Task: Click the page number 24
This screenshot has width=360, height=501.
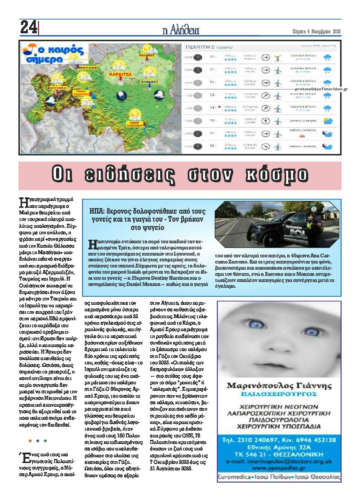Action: (28, 27)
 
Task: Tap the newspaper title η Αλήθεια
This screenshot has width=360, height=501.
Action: (181, 30)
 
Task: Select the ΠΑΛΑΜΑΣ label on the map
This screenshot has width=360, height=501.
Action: (147, 55)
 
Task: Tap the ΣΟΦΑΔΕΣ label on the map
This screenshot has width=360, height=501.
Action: (149, 82)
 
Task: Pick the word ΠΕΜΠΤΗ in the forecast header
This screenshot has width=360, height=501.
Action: (197, 47)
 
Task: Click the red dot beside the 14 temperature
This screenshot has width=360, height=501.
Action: (219, 107)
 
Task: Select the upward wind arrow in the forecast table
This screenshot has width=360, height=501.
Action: (266, 121)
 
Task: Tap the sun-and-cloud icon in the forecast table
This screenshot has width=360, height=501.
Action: (328, 120)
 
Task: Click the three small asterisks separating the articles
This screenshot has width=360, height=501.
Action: (38, 441)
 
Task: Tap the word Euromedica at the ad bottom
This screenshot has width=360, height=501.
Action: (234, 477)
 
